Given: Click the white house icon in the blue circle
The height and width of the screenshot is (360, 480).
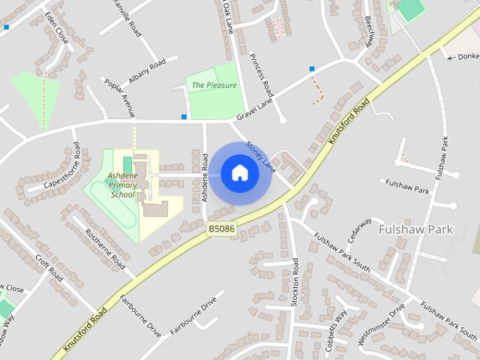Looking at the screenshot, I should pyautogui.click(x=239, y=173).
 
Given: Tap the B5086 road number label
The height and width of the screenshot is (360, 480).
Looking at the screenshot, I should pyautogui.click(x=222, y=229).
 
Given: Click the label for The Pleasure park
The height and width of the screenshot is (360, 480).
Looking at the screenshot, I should pyautogui.click(x=214, y=85).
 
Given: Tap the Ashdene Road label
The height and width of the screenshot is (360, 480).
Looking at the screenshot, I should pyautogui.click(x=205, y=177).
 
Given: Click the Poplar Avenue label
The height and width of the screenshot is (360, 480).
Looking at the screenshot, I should pyautogui.click(x=119, y=97).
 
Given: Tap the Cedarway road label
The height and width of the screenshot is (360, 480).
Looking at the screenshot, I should pyautogui.click(x=360, y=232).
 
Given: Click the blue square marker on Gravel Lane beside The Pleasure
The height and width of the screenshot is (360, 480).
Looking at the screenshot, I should pyautogui.click(x=184, y=116).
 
